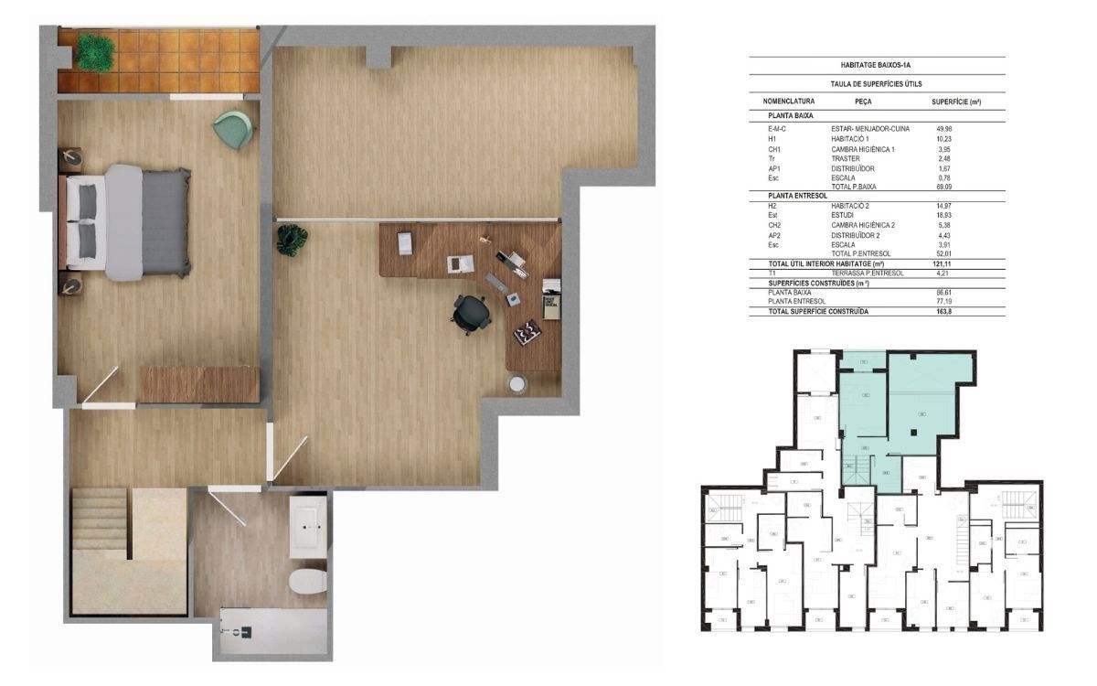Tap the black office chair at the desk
470,314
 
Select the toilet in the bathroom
307,581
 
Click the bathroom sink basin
307,527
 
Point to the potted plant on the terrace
95,52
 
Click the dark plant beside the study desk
292,240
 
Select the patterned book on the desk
527,333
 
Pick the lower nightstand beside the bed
70,285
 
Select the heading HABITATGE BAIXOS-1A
877,66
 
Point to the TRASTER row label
847,158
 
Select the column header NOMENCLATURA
788,101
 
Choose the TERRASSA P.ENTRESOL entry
868,273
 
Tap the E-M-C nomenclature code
778,129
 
